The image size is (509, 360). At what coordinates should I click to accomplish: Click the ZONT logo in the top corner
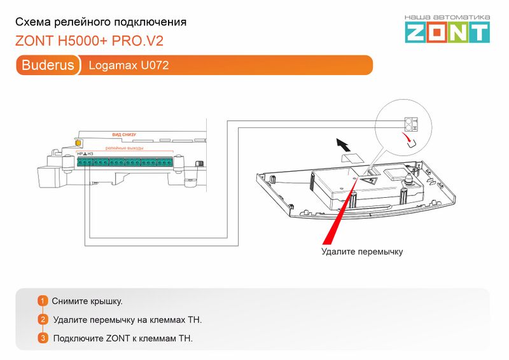[x=448, y=29]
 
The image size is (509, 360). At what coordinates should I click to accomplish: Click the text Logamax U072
[x=129, y=65]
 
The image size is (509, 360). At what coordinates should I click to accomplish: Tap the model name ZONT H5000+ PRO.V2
[x=89, y=41]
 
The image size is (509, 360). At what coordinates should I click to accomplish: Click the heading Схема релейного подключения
[x=101, y=22]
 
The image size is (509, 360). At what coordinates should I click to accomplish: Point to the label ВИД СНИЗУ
[x=124, y=135]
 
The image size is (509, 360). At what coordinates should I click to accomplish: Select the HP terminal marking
[x=80, y=154]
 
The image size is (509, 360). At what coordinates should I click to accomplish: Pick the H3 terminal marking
[x=90, y=154]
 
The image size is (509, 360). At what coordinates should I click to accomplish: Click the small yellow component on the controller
[x=78, y=144]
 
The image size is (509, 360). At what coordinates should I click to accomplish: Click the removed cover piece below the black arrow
[x=350, y=157]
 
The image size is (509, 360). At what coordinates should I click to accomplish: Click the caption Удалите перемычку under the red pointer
[x=362, y=252]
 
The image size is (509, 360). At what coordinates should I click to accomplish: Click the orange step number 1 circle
[x=43, y=301]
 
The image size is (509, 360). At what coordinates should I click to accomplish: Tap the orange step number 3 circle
[x=43, y=338]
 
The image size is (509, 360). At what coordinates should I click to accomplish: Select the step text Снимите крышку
[x=88, y=301]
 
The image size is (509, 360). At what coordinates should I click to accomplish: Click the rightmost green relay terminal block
[x=165, y=163]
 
